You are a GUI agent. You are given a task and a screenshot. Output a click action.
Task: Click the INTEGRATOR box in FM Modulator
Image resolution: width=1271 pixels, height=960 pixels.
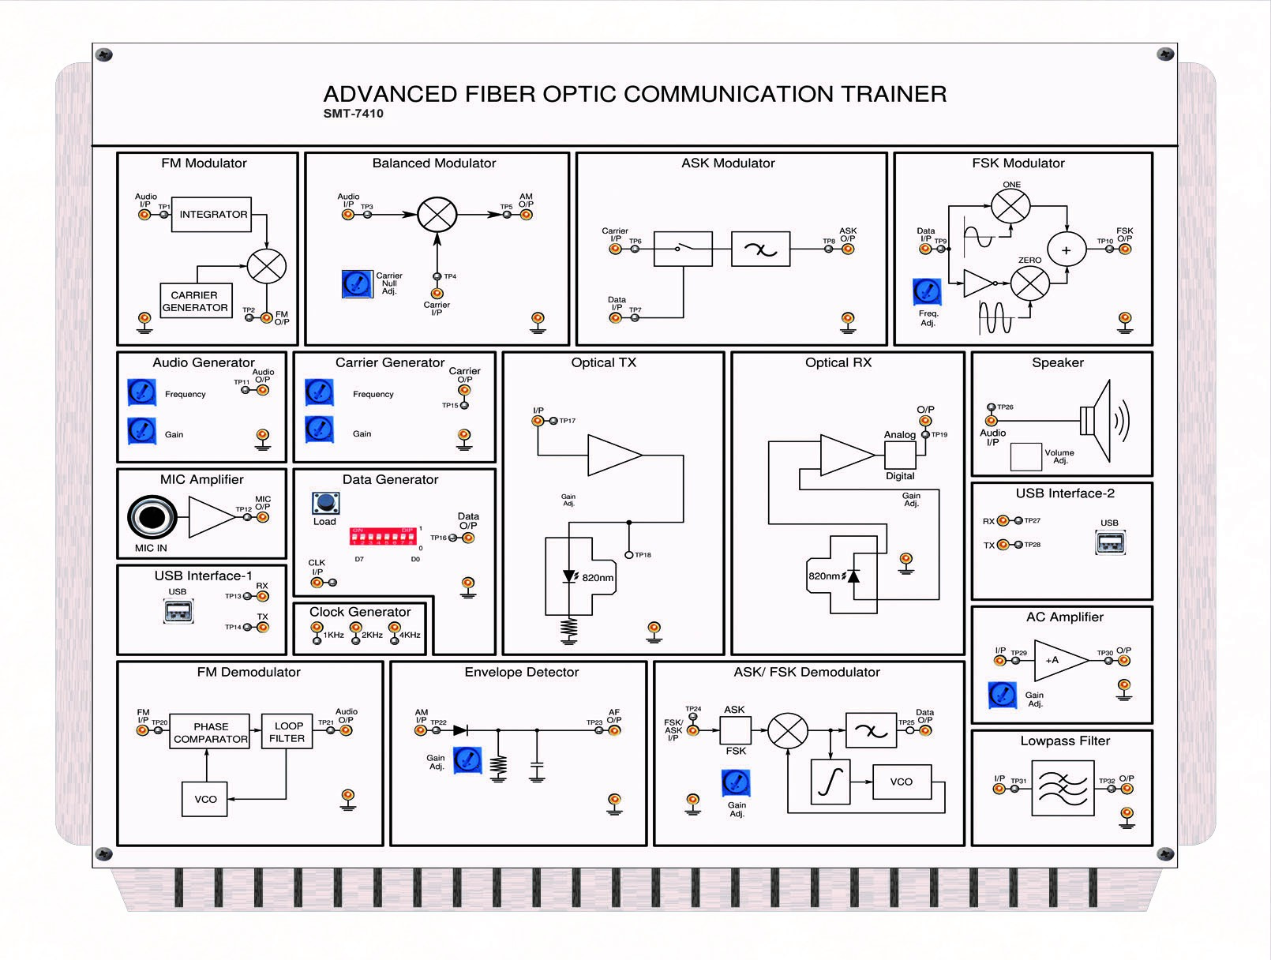click(x=212, y=215)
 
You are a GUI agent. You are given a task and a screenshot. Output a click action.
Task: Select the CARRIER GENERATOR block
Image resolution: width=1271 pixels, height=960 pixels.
click(x=196, y=301)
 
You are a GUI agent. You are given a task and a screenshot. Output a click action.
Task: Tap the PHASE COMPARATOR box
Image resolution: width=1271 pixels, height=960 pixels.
click(x=210, y=733)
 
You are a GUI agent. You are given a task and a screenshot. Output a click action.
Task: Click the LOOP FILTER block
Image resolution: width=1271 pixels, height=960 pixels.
click(x=287, y=732)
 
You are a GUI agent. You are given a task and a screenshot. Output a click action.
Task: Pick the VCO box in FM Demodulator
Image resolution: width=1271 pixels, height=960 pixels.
click(x=205, y=800)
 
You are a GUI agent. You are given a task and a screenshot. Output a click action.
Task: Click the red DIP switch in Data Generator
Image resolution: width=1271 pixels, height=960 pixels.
click(x=383, y=537)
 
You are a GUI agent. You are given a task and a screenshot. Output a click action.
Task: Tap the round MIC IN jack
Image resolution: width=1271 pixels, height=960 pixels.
click(x=152, y=517)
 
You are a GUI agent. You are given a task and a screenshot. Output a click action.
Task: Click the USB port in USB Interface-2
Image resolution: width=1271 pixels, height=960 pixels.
click(x=1110, y=542)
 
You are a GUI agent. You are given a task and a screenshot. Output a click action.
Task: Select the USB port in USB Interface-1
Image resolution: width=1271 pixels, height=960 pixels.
click(x=178, y=611)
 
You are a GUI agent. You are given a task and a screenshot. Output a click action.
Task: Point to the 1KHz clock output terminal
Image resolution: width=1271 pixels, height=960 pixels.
click(x=317, y=629)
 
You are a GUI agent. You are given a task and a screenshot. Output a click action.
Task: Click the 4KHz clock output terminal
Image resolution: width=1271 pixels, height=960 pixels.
click(x=395, y=629)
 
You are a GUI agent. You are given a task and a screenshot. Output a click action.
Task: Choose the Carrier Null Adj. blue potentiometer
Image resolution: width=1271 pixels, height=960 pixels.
click(x=357, y=284)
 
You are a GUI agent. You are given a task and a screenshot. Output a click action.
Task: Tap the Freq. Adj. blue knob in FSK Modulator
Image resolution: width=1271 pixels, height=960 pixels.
click(x=927, y=292)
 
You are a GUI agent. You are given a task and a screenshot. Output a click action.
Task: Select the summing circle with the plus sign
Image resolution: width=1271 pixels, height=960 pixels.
click(x=1067, y=250)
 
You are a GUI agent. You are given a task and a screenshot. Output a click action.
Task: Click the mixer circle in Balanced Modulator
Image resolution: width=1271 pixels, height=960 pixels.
click(x=437, y=214)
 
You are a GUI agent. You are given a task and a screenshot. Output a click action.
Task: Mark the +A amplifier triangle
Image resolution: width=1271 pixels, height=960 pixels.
click(x=1058, y=660)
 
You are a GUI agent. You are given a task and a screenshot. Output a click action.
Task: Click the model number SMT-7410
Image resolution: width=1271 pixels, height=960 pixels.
click(x=353, y=114)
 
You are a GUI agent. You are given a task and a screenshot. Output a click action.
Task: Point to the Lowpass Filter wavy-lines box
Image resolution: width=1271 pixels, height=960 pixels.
click(x=1063, y=788)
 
